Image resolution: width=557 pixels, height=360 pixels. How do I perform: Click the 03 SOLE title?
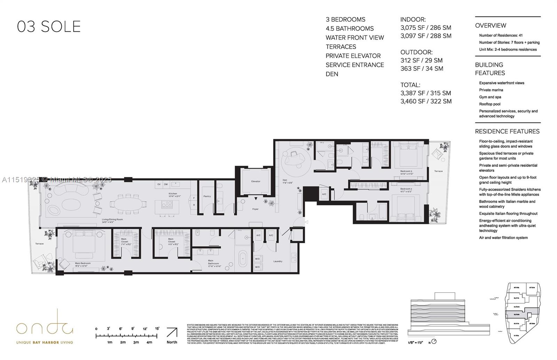pos(49,27)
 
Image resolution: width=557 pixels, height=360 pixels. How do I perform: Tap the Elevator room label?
pos(256,181)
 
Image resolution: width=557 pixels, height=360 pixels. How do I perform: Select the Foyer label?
pos(256,209)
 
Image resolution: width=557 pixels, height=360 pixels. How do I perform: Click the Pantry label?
pos(207,196)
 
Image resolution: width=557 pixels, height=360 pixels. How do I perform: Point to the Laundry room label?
pos(277,261)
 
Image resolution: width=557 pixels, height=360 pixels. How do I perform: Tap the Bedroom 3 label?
pos(406,171)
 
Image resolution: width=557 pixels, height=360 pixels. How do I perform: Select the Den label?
pos(284,180)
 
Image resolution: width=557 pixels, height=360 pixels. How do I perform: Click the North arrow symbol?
pos(172,333)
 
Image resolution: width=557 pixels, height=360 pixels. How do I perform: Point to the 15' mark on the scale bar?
pos(157,329)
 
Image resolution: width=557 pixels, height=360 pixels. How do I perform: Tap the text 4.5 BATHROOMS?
pos(350,29)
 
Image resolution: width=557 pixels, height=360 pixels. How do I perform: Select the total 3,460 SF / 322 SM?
pos(426,101)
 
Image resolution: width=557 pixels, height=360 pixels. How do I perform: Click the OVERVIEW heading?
pos(491,25)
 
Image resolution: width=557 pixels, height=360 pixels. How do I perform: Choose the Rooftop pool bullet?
pos(489,104)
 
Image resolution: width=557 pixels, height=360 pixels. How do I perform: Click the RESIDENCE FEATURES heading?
pos(507,131)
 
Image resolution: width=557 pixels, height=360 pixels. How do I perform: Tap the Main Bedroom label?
pos(83,263)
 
